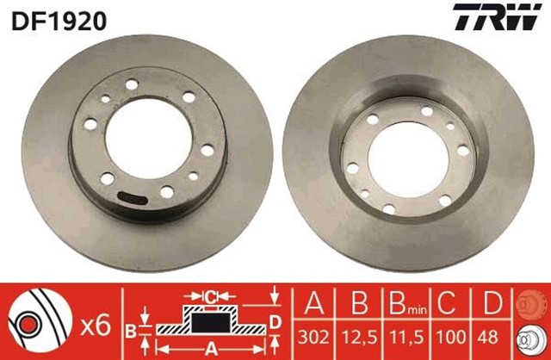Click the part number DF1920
(x=58, y=19)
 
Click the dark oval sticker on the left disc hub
(x=131, y=197)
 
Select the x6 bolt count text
(x=98, y=326)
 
